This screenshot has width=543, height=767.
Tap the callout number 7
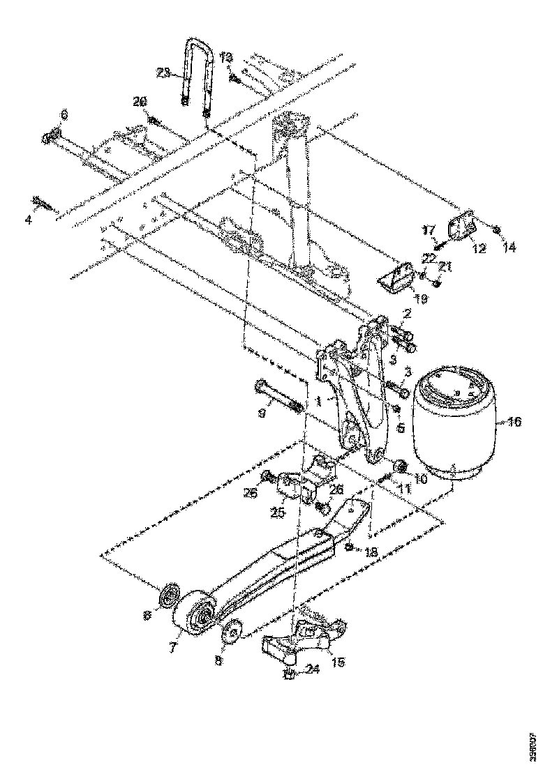point(172,647)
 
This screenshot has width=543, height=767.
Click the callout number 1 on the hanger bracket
point(318,402)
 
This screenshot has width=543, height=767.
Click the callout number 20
point(140,102)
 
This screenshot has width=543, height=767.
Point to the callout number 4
point(29,220)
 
